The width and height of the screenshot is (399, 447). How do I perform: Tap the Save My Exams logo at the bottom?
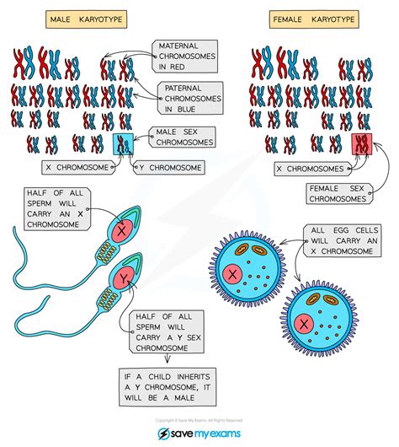click(x=199, y=433)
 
